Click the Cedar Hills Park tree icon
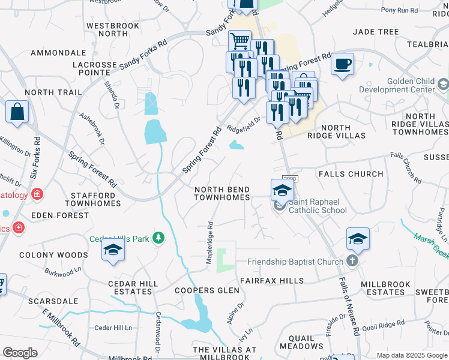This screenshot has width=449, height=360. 158,239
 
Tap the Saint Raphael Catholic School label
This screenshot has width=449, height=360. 318,206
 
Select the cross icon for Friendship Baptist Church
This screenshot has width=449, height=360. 352,261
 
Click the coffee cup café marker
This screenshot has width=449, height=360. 342,64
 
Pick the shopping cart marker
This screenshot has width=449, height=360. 240,41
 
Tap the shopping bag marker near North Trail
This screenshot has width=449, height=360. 17,112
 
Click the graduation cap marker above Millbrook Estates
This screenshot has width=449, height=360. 358,239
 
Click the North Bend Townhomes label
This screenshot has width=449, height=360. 222,193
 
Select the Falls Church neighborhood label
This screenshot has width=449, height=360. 351,174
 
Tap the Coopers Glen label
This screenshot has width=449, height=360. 206,290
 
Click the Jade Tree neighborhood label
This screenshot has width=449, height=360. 376,31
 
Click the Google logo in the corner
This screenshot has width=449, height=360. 20,353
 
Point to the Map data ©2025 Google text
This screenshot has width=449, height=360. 411,355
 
